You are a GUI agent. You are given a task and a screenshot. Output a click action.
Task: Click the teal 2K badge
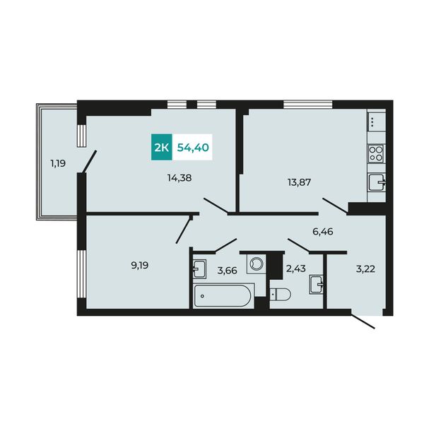pos(161,147)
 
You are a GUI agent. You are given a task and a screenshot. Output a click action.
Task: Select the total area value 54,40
pos(193,148)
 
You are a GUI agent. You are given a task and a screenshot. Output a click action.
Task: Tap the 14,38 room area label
pos(179,178)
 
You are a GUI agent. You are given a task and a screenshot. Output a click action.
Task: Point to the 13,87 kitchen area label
pos(299,182)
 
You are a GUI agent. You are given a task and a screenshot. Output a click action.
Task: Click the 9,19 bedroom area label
pos(140,266)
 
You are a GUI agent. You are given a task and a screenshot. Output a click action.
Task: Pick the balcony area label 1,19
pos(58,164)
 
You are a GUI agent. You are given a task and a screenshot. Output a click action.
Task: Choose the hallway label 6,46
pos(323,232)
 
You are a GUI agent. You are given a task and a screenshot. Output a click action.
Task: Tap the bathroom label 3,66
pos(227,270)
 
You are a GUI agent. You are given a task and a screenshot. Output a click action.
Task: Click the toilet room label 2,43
pos(296,269)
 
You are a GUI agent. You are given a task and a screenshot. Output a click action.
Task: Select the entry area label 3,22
pos(365,269)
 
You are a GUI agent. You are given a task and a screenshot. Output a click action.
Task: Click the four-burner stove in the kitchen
pos(376,153)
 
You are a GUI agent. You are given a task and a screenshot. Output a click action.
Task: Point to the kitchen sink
pos(377,183)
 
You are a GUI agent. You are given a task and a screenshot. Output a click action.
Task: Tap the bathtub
pos(223,296)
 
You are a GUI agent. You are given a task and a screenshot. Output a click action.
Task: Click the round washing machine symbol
pos(256,264)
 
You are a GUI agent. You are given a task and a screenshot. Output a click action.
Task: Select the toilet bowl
pos(281,294)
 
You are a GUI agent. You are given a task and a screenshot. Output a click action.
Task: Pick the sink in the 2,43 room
pos(317,285)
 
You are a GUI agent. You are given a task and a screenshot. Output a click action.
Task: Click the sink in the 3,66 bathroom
pos(199,269)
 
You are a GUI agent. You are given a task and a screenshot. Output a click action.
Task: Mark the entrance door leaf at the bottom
pos(363,321)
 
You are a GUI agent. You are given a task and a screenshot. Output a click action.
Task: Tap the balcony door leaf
pos(90,161)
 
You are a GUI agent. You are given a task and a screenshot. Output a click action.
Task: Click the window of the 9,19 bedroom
pos(81,274)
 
